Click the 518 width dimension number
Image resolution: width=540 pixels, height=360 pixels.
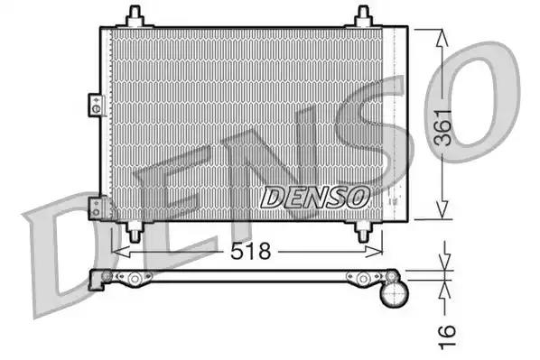[250, 252]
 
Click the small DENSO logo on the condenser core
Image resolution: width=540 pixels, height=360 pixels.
[315, 194]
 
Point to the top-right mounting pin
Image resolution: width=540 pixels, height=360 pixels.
[363, 15]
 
